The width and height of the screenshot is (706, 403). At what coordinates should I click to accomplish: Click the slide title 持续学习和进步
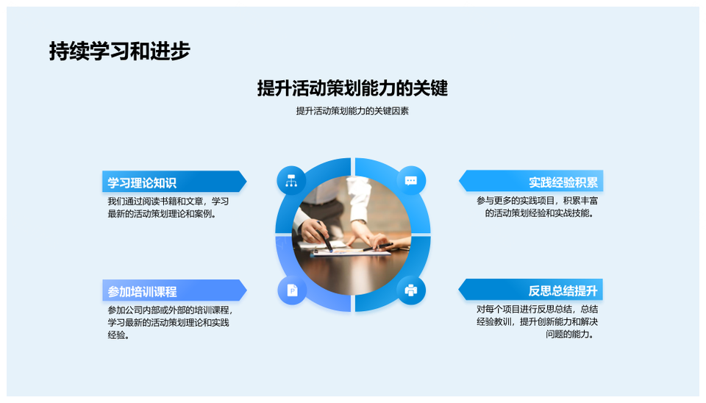120,51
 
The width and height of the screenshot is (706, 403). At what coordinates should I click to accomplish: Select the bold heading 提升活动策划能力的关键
352,88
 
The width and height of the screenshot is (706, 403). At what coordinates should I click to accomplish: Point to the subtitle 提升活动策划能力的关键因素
352,111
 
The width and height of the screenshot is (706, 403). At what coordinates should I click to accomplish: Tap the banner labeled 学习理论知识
174,182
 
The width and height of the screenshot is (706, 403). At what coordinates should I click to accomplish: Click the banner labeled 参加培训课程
174,290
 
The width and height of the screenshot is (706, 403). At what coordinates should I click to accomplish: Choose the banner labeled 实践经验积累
531,182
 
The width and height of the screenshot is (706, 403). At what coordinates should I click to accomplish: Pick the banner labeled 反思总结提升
531,290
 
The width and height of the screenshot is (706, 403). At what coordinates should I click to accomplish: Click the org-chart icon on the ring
291,181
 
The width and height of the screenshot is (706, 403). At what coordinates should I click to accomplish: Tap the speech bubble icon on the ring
411,181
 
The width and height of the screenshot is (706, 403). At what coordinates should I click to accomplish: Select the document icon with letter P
292,290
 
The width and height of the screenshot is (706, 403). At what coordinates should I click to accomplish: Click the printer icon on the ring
411,290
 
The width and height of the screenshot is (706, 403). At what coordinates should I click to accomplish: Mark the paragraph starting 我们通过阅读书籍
168,207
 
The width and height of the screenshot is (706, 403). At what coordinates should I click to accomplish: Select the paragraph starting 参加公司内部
170,322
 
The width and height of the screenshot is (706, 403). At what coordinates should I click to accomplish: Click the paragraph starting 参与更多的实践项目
537,207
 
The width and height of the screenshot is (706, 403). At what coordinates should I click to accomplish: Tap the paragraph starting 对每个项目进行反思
537,321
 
